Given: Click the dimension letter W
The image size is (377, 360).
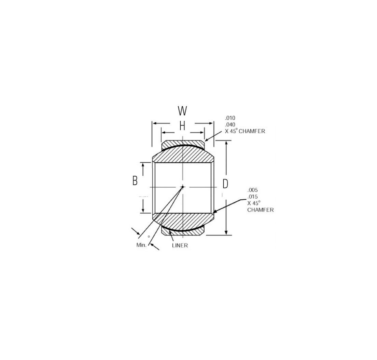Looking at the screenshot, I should (x=182, y=111).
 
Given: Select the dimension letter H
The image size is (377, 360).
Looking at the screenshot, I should (x=182, y=126).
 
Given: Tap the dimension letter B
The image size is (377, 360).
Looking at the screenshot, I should (x=135, y=181).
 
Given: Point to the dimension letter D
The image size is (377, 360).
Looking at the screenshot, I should (x=225, y=184).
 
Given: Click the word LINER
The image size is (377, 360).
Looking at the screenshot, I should (x=180, y=245).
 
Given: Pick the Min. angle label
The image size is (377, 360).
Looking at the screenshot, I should (x=141, y=245).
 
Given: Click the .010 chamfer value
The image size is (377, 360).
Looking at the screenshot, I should (x=230, y=118).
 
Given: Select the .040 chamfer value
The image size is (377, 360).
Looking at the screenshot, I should (x=230, y=124).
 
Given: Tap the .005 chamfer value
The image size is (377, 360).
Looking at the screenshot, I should (x=253, y=190).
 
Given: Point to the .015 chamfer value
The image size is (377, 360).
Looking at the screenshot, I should (x=253, y=197).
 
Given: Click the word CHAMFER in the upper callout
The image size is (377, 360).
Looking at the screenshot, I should (x=252, y=131).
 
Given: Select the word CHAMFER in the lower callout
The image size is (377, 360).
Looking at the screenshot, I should (x=260, y=210).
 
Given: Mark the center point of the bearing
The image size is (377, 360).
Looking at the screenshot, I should (x=183, y=187).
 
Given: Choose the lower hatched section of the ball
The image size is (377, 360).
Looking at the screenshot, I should (x=183, y=221).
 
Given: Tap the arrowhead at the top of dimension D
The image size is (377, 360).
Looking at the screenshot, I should (x=226, y=143).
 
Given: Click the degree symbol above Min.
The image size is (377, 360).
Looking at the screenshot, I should (x=149, y=237).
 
